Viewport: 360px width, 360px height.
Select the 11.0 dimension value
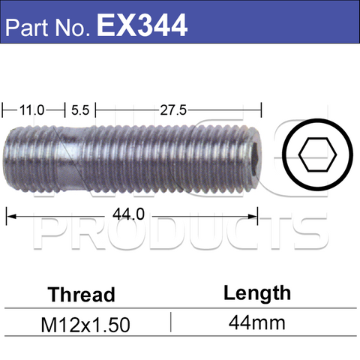point(31,109)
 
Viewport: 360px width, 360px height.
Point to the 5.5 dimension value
point(80,109)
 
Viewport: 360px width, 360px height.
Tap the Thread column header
point(82,293)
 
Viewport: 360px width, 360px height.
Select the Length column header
point(257,292)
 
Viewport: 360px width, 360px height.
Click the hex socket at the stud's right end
point(255,158)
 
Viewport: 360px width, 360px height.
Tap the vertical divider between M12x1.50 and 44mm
point(172,323)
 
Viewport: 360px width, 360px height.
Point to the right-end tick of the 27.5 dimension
point(259,110)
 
